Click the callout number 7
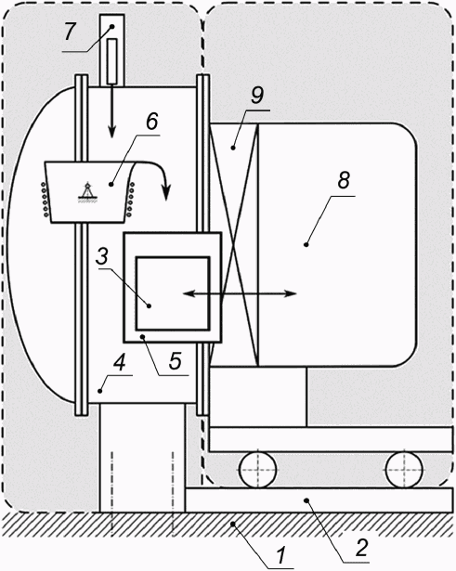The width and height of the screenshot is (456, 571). [69, 32]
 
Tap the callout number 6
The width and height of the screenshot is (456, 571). [152, 121]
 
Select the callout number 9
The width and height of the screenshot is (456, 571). [257, 96]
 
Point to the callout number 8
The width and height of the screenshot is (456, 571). [344, 180]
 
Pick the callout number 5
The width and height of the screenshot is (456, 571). [176, 360]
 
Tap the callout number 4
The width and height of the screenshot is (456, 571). [120, 363]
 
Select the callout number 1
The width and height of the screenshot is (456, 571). [280, 555]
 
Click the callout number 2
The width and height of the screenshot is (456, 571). [361, 547]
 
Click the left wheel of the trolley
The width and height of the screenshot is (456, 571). [258, 470]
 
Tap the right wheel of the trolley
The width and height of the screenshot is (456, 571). [404, 470]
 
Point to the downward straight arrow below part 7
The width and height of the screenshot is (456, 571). [111, 111]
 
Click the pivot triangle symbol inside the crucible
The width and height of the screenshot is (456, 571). [87, 191]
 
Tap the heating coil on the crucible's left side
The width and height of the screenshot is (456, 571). [45, 200]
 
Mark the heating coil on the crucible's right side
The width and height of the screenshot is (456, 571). [130, 200]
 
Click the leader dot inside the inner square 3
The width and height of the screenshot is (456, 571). [149, 306]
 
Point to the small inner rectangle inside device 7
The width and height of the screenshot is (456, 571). [112, 61]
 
